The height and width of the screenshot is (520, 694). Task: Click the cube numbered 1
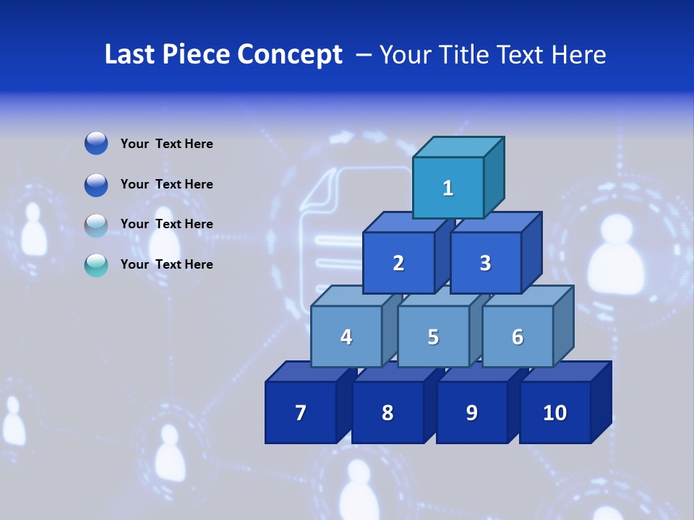point(448,188)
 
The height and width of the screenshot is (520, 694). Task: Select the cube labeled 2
point(398,263)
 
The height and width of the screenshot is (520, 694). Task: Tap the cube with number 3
point(485,263)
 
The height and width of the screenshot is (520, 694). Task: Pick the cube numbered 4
point(346,337)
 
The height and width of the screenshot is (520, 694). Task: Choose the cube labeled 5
point(433,337)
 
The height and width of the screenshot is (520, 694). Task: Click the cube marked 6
point(517,337)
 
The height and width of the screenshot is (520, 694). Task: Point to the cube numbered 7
point(301,412)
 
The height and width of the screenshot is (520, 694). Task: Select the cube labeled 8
point(387,412)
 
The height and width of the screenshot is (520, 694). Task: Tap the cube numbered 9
point(471,412)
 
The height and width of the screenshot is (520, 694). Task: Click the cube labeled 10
point(555,412)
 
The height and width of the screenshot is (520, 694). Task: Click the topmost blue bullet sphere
point(96,143)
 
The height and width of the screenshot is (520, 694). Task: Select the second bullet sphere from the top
point(96,184)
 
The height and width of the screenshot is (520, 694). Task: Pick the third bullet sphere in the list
point(96,225)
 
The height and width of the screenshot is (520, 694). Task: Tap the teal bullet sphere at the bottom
point(96,265)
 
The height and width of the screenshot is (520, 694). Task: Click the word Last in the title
point(130,54)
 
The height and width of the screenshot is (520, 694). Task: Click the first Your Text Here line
point(166,144)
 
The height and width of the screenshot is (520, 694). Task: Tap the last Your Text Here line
point(166,264)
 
